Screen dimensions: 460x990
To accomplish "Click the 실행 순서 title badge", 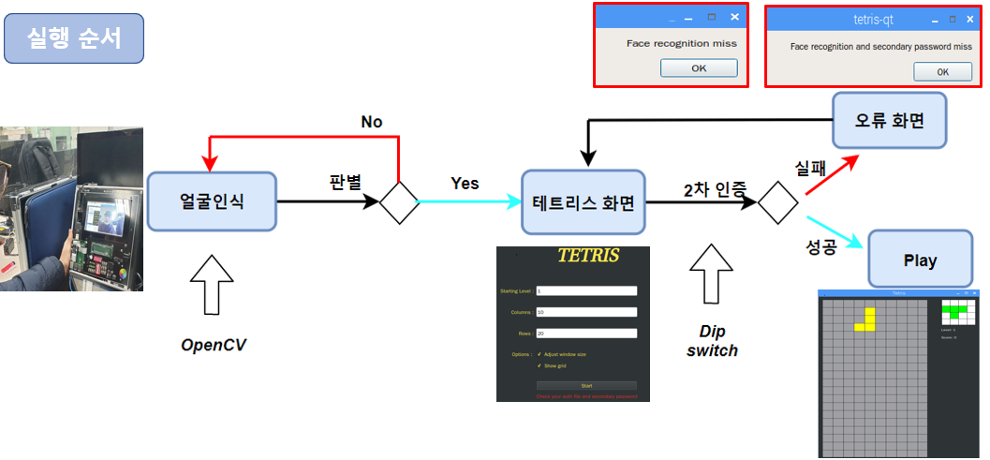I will click(74, 38).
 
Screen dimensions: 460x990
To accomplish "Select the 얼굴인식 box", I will click(212, 200).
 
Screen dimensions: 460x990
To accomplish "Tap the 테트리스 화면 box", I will click(584, 201).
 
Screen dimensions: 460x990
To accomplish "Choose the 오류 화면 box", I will click(891, 121).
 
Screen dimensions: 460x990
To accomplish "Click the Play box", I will click(919, 260).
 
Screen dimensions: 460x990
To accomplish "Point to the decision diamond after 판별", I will click(399, 201).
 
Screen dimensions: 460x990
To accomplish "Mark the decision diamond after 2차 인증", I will click(777, 202).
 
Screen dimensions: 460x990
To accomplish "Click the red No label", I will click(372, 123).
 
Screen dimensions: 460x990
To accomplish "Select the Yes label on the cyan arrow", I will click(465, 183).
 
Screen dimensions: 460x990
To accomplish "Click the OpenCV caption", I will click(214, 345).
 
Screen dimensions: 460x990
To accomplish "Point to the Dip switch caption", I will click(712, 341).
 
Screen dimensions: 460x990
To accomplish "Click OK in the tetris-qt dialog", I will click(942, 72).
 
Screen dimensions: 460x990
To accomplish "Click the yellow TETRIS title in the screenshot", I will click(587, 256).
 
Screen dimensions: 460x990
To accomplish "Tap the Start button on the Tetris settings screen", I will click(586, 385).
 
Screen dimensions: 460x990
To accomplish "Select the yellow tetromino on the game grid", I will click(867, 319).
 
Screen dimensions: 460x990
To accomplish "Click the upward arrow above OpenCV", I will click(212, 285).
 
